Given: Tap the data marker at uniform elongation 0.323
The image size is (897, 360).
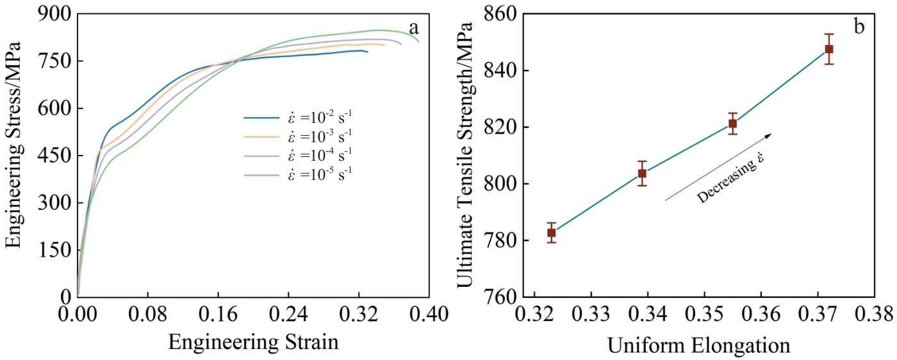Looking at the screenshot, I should (x=552, y=233).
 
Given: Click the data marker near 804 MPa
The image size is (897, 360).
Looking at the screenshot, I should (x=642, y=174).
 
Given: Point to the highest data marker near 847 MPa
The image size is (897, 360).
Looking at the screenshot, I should (x=829, y=49).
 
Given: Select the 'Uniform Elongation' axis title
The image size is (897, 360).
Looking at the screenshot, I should (x=698, y=347).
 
